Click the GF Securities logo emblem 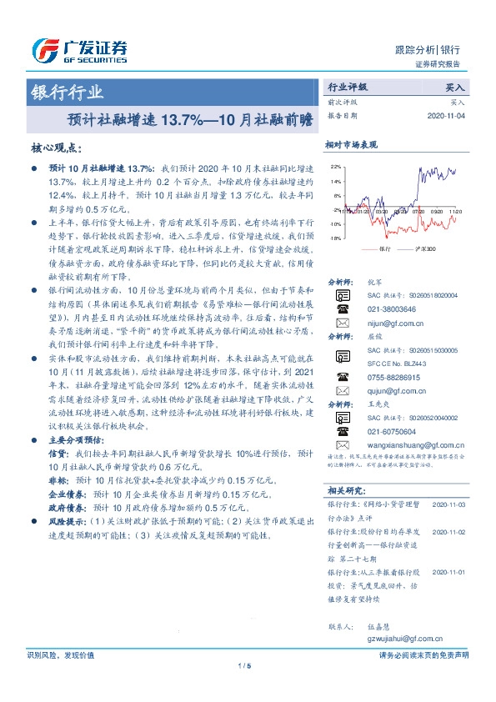pyautogui.click(x=43, y=51)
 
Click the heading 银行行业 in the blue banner pyautogui.click(x=68, y=93)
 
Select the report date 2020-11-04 pyautogui.click(x=447, y=116)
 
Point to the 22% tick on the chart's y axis pyautogui.click(x=336, y=166)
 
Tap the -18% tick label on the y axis pyautogui.click(x=335, y=238)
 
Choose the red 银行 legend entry pyautogui.click(x=376, y=249)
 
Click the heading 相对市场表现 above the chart pyautogui.click(x=351, y=143)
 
